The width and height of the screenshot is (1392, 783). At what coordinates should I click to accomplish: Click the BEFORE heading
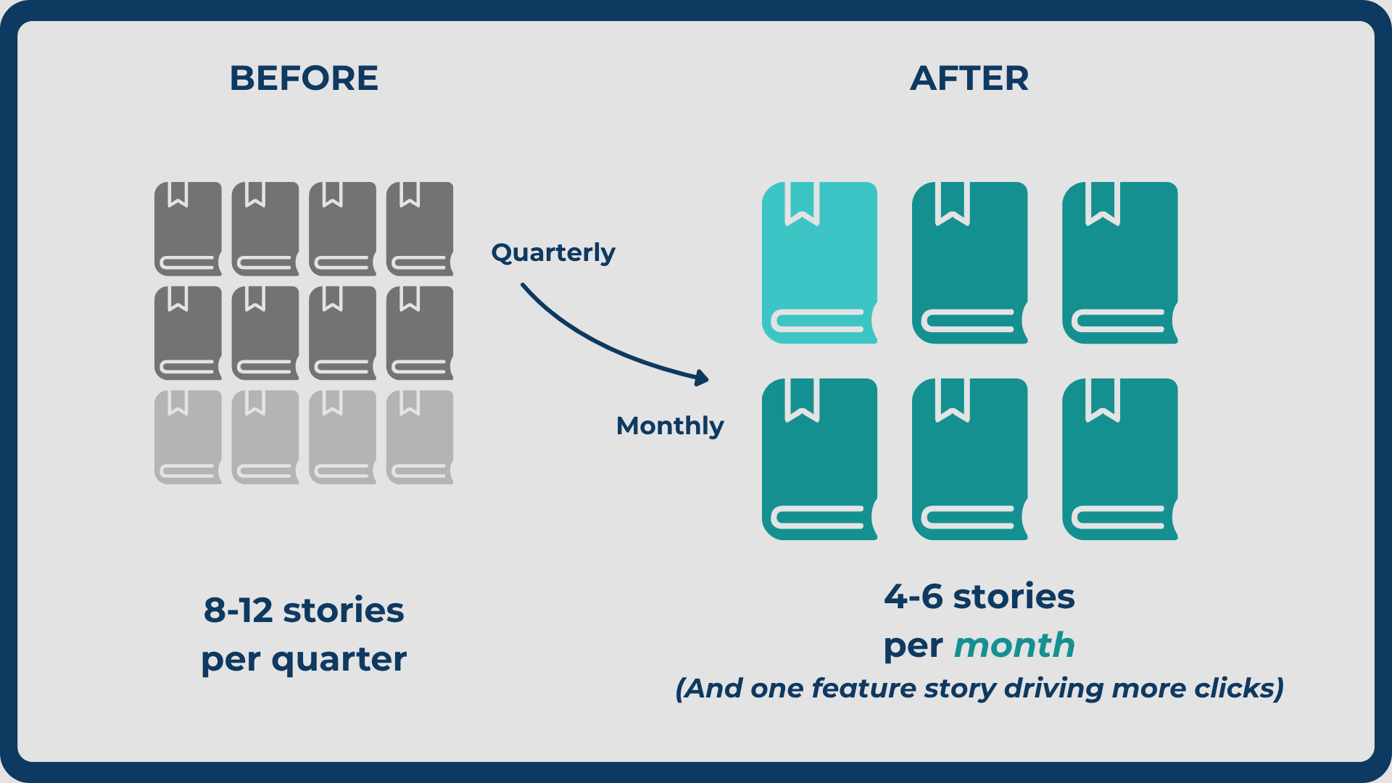click(x=304, y=78)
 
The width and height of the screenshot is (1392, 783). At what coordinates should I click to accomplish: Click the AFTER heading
click(x=969, y=78)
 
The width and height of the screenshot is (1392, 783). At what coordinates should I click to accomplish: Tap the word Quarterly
click(x=553, y=252)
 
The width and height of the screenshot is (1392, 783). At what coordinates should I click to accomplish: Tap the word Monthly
click(x=670, y=426)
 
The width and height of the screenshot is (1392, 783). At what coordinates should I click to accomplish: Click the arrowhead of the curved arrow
click(x=701, y=378)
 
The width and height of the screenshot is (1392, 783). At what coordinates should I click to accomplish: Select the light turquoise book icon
click(x=820, y=262)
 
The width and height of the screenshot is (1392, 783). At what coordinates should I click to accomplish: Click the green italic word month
click(x=1014, y=645)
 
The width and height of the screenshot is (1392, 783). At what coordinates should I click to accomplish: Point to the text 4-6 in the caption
click(x=913, y=597)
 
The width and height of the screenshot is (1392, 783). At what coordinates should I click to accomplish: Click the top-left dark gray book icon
click(x=188, y=229)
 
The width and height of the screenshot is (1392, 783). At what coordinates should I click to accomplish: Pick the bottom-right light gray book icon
click(x=420, y=437)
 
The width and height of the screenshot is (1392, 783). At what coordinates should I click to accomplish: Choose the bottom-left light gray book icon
click(x=188, y=437)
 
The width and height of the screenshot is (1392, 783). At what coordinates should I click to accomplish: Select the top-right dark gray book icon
click(x=420, y=229)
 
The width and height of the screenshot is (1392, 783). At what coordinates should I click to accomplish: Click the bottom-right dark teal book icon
click(x=1120, y=459)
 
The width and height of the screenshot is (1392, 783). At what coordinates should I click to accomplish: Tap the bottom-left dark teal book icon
click(x=820, y=459)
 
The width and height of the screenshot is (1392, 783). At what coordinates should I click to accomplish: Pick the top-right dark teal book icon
click(x=1120, y=262)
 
